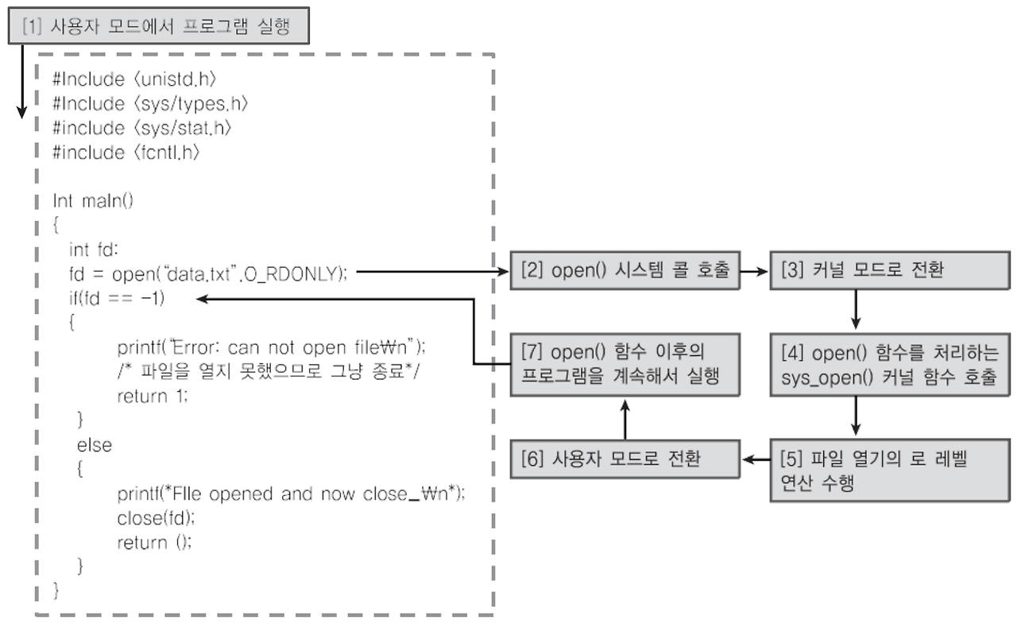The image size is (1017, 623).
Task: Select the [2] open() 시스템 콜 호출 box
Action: [x=625, y=272]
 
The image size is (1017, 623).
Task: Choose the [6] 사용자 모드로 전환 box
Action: [x=625, y=461]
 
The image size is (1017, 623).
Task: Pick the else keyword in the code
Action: [x=94, y=444]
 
